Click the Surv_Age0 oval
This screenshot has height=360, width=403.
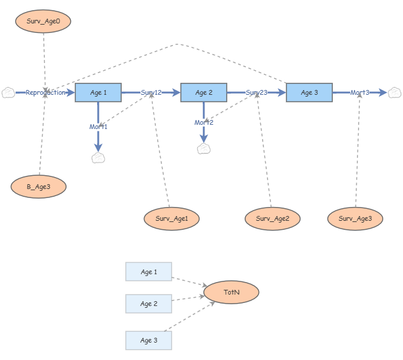click(43, 21)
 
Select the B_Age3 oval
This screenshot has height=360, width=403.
click(38, 187)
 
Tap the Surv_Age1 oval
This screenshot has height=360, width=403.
click(172, 218)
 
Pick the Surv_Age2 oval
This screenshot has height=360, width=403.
click(273, 218)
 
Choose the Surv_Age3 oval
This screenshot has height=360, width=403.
click(355, 218)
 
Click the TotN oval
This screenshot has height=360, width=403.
click(231, 292)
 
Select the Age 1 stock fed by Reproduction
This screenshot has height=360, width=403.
click(98, 92)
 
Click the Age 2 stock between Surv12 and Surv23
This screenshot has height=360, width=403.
click(204, 92)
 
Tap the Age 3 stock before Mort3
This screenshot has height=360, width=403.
click(309, 92)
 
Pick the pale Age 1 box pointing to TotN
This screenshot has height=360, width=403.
click(149, 272)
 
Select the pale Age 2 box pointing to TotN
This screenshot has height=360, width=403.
click(149, 304)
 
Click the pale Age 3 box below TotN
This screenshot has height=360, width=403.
click(149, 340)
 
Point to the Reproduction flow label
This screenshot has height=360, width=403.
click(46, 92)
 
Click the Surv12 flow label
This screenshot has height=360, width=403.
click(151, 92)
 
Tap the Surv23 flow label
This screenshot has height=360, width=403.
click(257, 92)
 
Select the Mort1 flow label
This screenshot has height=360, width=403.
click(98, 127)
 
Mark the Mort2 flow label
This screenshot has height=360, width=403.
click(204, 122)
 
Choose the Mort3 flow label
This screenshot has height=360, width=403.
click(360, 92)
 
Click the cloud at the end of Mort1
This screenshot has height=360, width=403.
click(98, 158)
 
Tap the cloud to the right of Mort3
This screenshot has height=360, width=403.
click(395, 92)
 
